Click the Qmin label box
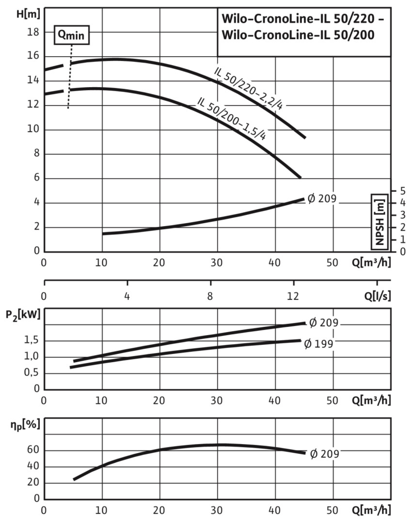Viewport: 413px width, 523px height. click(x=72, y=35)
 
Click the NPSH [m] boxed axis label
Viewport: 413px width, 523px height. click(x=380, y=221)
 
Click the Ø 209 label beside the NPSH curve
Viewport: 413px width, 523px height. click(x=322, y=199)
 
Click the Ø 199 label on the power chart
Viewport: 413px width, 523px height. click(x=320, y=344)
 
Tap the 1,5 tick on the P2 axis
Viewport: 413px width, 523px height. click(x=31, y=341)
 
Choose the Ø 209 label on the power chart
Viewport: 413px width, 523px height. click(x=323, y=322)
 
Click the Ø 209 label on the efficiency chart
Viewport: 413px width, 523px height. click(x=324, y=454)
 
